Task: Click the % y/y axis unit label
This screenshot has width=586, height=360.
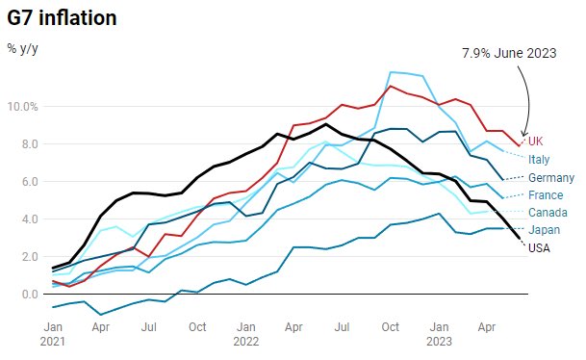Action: (24, 47)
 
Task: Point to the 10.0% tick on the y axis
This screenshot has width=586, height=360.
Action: (24, 106)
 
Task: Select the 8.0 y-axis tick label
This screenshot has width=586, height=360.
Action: (27, 143)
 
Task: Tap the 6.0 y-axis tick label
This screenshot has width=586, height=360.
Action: (27, 181)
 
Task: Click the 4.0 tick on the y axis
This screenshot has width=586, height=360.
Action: (27, 219)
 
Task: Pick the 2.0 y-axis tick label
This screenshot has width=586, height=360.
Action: (27, 256)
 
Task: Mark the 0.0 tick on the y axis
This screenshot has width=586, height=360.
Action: (27, 294)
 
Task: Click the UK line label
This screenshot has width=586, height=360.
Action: (536, 141)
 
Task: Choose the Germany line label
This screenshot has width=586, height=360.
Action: (551, 178)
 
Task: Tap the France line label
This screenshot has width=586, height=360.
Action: (546, 195)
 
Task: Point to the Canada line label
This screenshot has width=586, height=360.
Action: (548, 213)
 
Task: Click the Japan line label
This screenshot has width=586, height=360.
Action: (544, 230)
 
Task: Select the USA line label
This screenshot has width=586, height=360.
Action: (540, 247)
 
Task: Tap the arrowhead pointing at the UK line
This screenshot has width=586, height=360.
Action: (523, 134)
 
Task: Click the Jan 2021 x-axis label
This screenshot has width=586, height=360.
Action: (53, 332)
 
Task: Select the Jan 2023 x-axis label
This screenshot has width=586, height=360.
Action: (439, 332)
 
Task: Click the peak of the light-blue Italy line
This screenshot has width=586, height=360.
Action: (390, 72)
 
